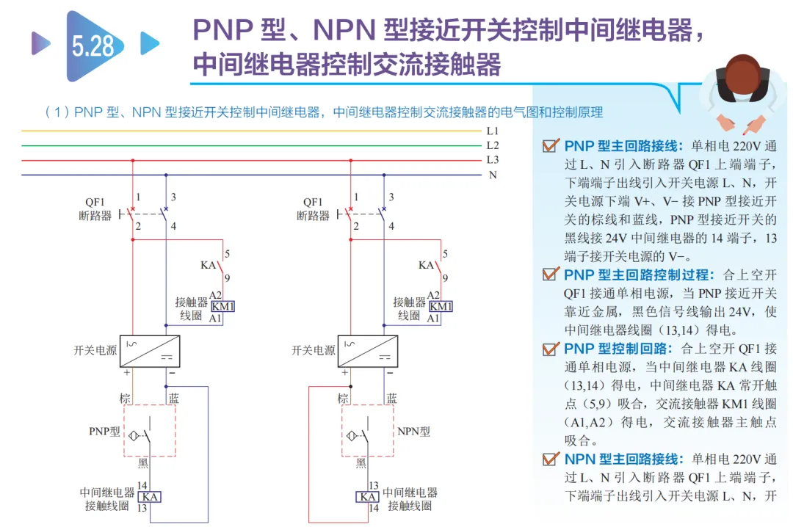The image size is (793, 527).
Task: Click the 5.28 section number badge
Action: click(94, 46)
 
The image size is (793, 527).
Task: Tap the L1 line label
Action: click(492, 131)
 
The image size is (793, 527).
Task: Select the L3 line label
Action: click(492, 160)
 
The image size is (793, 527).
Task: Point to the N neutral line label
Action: click(493, 175)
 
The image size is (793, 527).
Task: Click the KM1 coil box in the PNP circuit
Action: click(222, 307)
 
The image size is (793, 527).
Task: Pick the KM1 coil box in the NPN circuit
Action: click(441, 307)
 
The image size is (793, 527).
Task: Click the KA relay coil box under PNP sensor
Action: click(150, 497)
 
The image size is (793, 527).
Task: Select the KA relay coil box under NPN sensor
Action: click(368, 497)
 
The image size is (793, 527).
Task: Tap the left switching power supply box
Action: click(150, 351)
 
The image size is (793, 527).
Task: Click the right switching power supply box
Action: click(368, 351)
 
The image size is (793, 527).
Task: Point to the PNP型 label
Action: click(105, 432)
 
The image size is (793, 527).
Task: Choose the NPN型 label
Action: click(413, 432)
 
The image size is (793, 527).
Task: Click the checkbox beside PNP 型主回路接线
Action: click(551, 145)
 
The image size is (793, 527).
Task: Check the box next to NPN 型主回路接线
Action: click(551, 459)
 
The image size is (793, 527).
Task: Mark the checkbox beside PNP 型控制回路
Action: click(551, 349)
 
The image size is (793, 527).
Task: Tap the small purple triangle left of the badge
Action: click(41, 43)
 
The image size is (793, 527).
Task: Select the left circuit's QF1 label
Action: click(95, 203)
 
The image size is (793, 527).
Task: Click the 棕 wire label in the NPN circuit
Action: click(343, 399)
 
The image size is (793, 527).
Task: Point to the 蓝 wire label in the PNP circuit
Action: click(173, 399)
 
